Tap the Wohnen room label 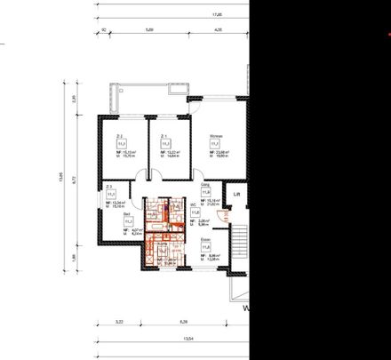(x=214, y=136)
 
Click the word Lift (x=235, y=192)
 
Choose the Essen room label (x=204, y=239)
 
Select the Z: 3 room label (x=108, y=187)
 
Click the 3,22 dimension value (x=118, y=322)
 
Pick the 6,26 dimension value (x=184, y=322)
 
